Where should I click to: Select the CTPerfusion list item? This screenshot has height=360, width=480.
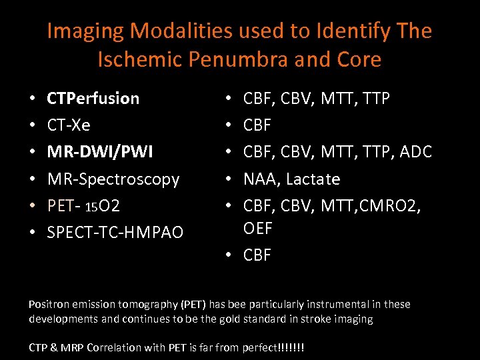[93, 99]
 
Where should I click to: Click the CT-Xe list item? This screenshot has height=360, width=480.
[69, 125]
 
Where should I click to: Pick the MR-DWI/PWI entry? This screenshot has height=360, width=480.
[100, 152]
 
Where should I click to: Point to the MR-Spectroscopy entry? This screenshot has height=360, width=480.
[113, 179]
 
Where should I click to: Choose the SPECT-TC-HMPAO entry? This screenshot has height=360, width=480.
[115, 233]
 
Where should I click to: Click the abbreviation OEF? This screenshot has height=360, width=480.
[258, 228]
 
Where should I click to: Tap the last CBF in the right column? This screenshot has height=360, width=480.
[257, 255]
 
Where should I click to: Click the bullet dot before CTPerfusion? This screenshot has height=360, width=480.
[33, 99]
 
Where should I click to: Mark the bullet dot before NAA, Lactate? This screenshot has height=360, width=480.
[229, 179]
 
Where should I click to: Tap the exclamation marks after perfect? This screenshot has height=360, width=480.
[293, 347]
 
